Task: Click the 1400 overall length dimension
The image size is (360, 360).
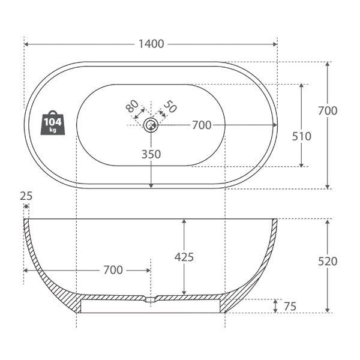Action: coord(151,44)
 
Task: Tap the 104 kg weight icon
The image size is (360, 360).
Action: coord(53,123)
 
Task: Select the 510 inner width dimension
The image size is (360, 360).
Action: coord(301,136)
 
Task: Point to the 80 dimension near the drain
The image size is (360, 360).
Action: coord(133,107)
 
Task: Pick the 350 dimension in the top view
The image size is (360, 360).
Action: coord(151,154)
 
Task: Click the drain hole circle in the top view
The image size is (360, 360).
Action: coord(151,125)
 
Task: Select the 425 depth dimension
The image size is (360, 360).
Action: coord(184,257)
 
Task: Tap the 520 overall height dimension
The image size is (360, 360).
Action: coord(328,261)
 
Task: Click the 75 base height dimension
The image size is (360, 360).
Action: coord(290,307)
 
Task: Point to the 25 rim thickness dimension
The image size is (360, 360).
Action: coord(26,196)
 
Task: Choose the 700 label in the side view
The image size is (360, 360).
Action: coord(113,271)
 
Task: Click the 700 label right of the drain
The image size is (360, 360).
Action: coord(202,125)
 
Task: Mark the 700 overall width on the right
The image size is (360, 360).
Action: coord(328,110)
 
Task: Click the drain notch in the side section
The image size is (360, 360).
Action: coord(151,299)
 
